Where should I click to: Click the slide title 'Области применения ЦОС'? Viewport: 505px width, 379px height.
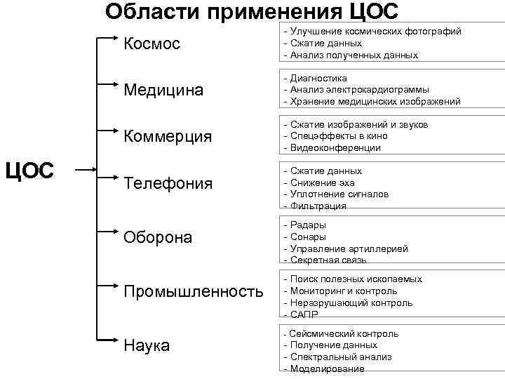click(x=251, y=12)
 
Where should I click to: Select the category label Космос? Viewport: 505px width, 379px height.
click(x=151, y=44)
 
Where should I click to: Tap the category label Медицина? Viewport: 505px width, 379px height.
click(x=163, y=90)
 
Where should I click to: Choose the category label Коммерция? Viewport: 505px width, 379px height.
click(x=167, y=136)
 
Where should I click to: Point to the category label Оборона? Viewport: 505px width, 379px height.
click(x=157, y=237)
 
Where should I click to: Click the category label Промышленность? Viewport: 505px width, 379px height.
click(x=194, y=291)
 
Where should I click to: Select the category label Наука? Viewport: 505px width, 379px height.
click(x=146, y=345)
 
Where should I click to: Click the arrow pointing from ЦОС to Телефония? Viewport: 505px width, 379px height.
click(x=86, y=170)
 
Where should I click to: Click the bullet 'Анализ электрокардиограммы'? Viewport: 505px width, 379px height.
click(x=359, y=90)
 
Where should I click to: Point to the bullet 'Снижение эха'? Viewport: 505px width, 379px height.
click(x=322, y=182)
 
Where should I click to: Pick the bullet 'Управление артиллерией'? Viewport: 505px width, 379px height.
click(x=349, y=249)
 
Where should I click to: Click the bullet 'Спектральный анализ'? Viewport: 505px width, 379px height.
click(x=341, y=357)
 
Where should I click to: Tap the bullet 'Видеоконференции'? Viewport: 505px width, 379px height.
click(x=335, y=148)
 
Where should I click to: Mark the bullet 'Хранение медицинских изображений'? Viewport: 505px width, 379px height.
click(x=375, y=102)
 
